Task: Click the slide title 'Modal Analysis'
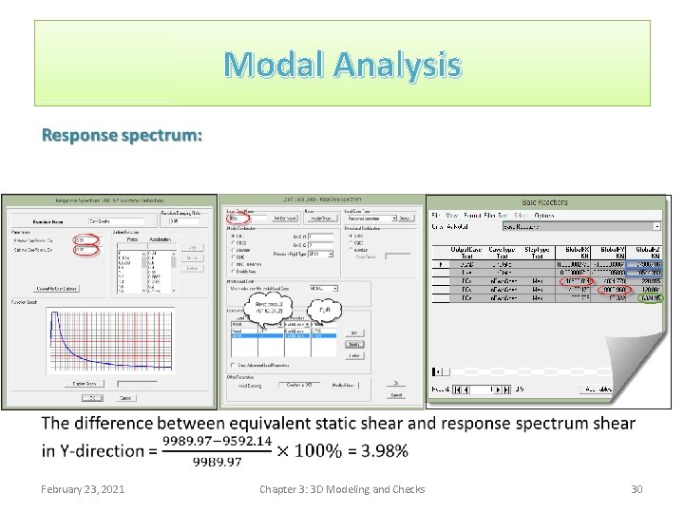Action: coord(342,66)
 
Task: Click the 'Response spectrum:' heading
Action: coord(121,135)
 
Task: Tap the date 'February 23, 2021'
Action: coord(84,488)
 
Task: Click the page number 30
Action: coord(636,488)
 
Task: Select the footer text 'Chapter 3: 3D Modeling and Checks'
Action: coord(342,488)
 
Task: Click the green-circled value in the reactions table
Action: coord(650,297)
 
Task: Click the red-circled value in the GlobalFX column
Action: coord(574,280)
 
